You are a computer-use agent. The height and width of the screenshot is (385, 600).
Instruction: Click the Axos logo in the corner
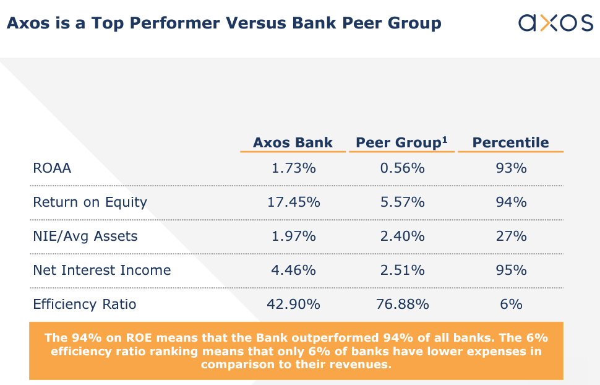555,23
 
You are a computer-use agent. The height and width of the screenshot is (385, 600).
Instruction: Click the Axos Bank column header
293,142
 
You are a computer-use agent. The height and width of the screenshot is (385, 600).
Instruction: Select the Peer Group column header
401,142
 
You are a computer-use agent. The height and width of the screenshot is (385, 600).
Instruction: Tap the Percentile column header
510,142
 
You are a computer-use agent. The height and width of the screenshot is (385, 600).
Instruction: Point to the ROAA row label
52,168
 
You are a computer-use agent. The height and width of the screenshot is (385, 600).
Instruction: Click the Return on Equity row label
90,202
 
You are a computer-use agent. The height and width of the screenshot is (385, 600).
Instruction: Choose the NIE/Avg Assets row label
85,236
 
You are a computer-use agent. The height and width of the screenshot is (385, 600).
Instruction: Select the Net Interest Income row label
101,270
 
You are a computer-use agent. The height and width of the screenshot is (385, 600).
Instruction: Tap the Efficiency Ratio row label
84,304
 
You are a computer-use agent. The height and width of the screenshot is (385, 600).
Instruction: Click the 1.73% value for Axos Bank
294,168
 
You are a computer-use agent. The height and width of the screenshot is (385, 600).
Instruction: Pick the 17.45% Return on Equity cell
294,202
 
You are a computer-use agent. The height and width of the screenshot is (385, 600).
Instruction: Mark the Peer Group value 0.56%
401,168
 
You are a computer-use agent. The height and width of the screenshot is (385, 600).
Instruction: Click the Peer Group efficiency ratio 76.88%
401,304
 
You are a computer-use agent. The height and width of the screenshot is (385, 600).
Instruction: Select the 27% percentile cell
511,236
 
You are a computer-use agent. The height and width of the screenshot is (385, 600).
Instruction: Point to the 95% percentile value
511,270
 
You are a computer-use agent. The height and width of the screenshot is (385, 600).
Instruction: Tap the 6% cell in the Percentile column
511,304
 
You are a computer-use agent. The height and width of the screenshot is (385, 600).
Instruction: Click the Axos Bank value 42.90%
294,304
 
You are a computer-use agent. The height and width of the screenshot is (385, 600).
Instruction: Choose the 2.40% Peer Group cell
401,236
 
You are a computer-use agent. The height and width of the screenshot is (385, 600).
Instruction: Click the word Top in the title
105,24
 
